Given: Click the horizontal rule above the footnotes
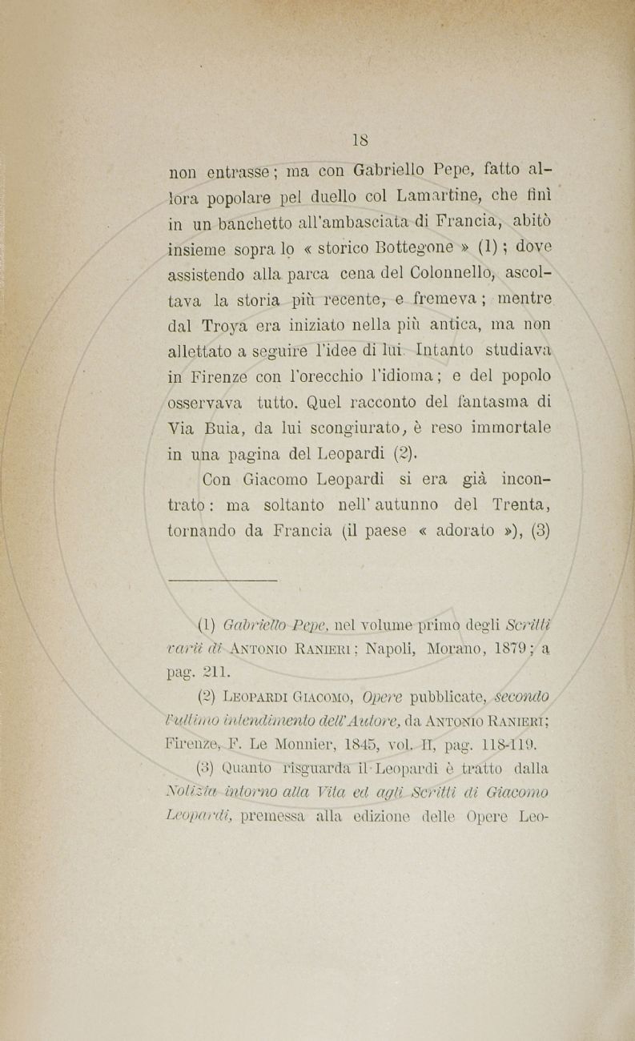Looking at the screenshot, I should (223, 579).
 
